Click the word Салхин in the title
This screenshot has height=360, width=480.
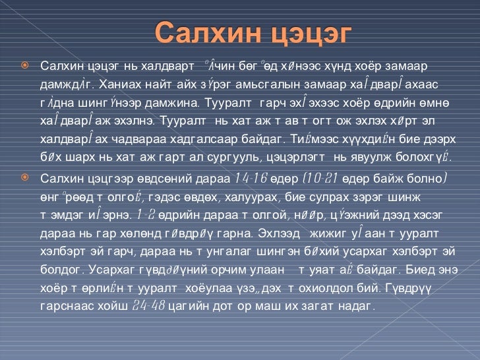201,32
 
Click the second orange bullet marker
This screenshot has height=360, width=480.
24,177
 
